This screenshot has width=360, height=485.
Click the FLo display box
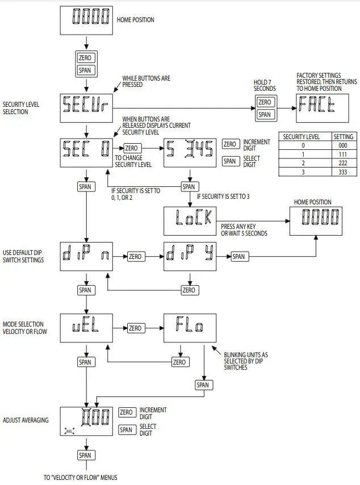[x=189, y=328]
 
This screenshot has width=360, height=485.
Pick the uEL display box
[x=86, y=328]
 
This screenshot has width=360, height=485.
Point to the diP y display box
[x=189, y=257]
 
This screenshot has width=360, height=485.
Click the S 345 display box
[x=189, y=152]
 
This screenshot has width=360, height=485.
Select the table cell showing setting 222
[x=343, y=162]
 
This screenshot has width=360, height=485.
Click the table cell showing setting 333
[x=343, y=172]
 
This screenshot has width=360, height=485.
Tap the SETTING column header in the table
[x=343, y=137]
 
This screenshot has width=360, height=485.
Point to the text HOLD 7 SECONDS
[x=265, y=85]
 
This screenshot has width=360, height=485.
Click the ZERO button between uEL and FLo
[x=135, y=328]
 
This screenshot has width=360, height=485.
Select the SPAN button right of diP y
[x=238, y=257]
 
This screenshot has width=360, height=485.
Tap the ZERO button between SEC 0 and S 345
[x=131, y=148]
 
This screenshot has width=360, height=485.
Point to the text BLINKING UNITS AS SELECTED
[x=245, y=361]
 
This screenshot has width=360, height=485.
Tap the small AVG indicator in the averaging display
[x=72, y=431]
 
